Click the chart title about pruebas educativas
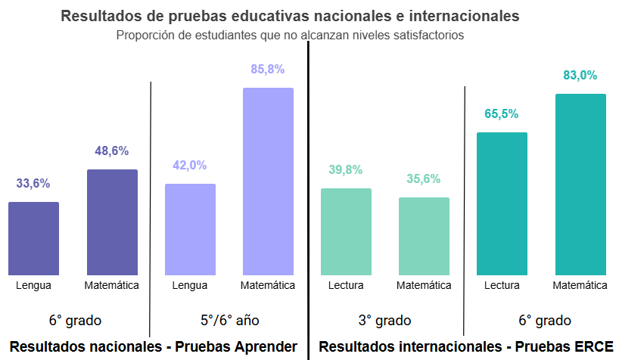pyautogui.click(x=290, y=16)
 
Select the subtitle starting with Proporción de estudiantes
pyautogui.click(x=290, y=35)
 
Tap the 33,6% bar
pyautogui.click(x=33, y=238)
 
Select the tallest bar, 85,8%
pyautogui.click(x=268, y=182)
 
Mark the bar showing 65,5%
pyautogui.click(x=502, y=203)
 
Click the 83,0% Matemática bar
pyautogui.click(x=580, y=185)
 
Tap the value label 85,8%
pyautogui.click(x=268, y=70)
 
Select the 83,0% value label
pyautogui.click(x=580, y=76)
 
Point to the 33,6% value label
pyautogui.click(x=33, y=183)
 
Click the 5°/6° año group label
pyautogui.click(x=230, y=320)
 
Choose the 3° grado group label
pyautogui.click(x=384, y=320)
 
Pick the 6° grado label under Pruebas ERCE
pyautogui.click(x=541, y=320)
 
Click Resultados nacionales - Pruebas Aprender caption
pyautogui.click(x=154, y=347)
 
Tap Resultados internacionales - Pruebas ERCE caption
pyautogui.click(x=465, y=347)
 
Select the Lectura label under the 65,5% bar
pyautogui.click(x=502, y=285)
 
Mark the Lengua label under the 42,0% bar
pyautogui.click(x=190, y=285)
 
